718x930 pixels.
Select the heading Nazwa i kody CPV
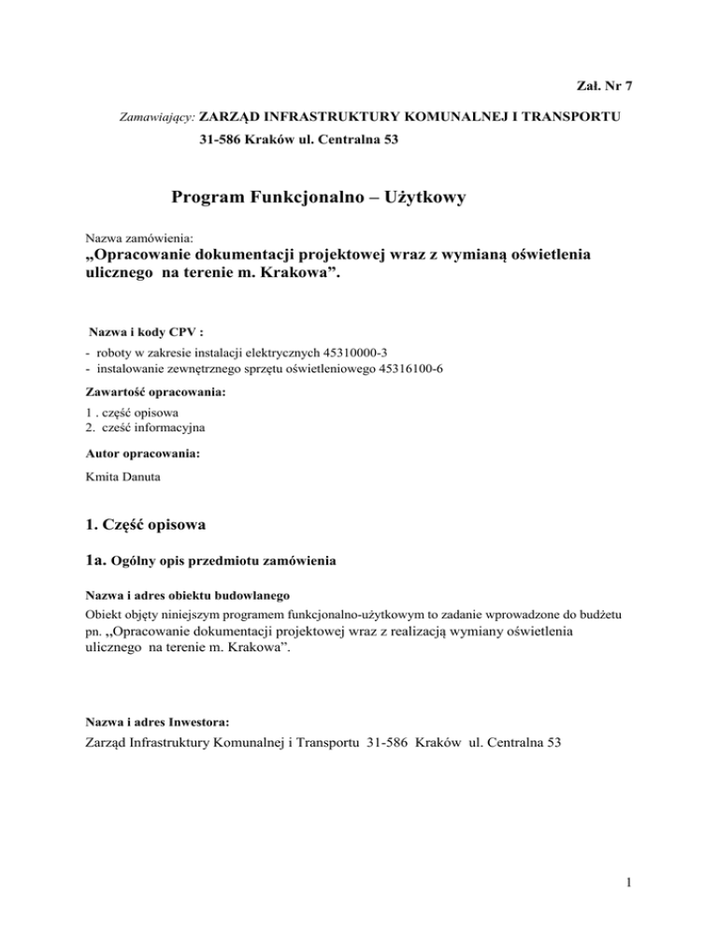pos(146,333)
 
